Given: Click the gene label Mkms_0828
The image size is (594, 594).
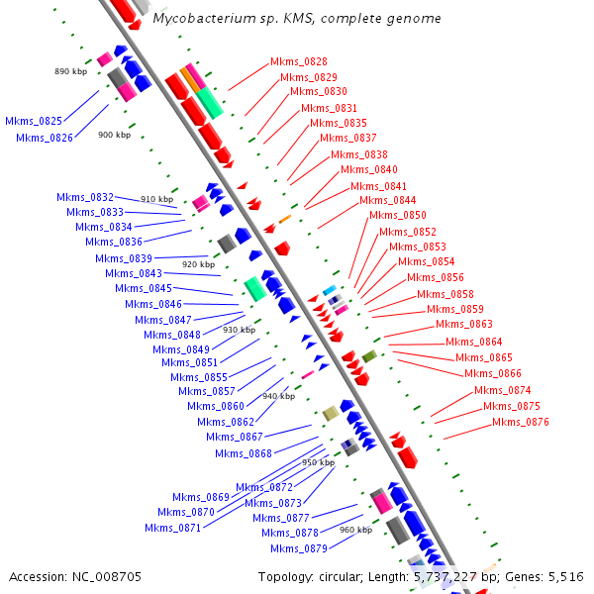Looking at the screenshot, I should [298, 61].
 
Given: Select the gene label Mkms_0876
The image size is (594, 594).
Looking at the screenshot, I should [521, 422].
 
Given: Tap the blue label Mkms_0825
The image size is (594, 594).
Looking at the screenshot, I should [34, 121].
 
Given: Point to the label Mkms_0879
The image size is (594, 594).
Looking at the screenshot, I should [298, 548].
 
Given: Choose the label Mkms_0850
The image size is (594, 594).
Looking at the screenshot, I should [398, 216].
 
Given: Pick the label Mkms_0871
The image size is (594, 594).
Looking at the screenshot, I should [172, 528].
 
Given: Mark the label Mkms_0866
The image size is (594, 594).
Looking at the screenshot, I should [493, 373].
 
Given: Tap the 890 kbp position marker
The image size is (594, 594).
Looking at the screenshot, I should [71, 72].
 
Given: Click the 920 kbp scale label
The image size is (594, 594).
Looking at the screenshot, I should [198, 264].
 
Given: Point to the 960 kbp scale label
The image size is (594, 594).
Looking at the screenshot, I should [355, 530].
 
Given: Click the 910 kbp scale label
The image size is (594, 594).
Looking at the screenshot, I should [156, 199].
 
